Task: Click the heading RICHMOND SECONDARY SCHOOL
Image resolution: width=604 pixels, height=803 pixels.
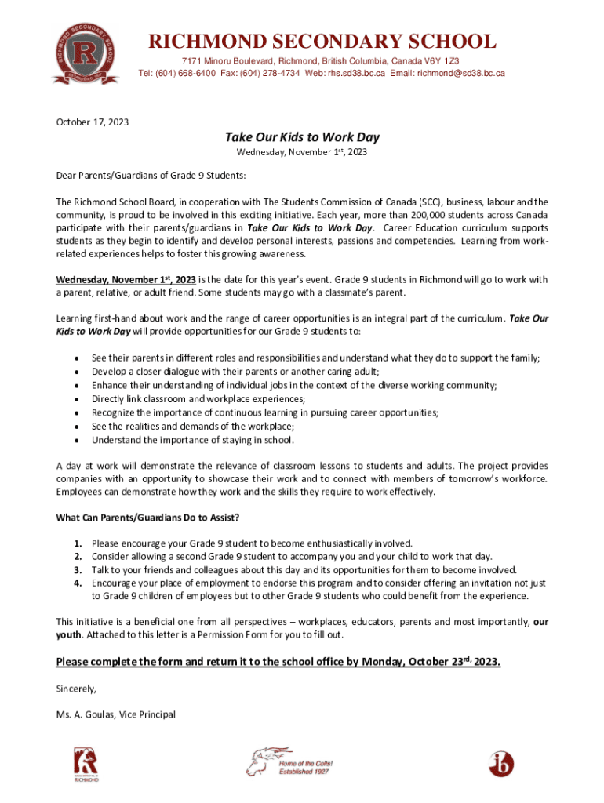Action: (322, 41)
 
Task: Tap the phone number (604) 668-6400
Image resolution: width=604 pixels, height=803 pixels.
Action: (200, 73)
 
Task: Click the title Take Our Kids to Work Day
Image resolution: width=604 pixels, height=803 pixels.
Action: (302, 137)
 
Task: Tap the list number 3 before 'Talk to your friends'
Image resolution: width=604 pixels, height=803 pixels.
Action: (78, 570)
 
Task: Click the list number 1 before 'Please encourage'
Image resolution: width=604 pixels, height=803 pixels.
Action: (78, 543)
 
